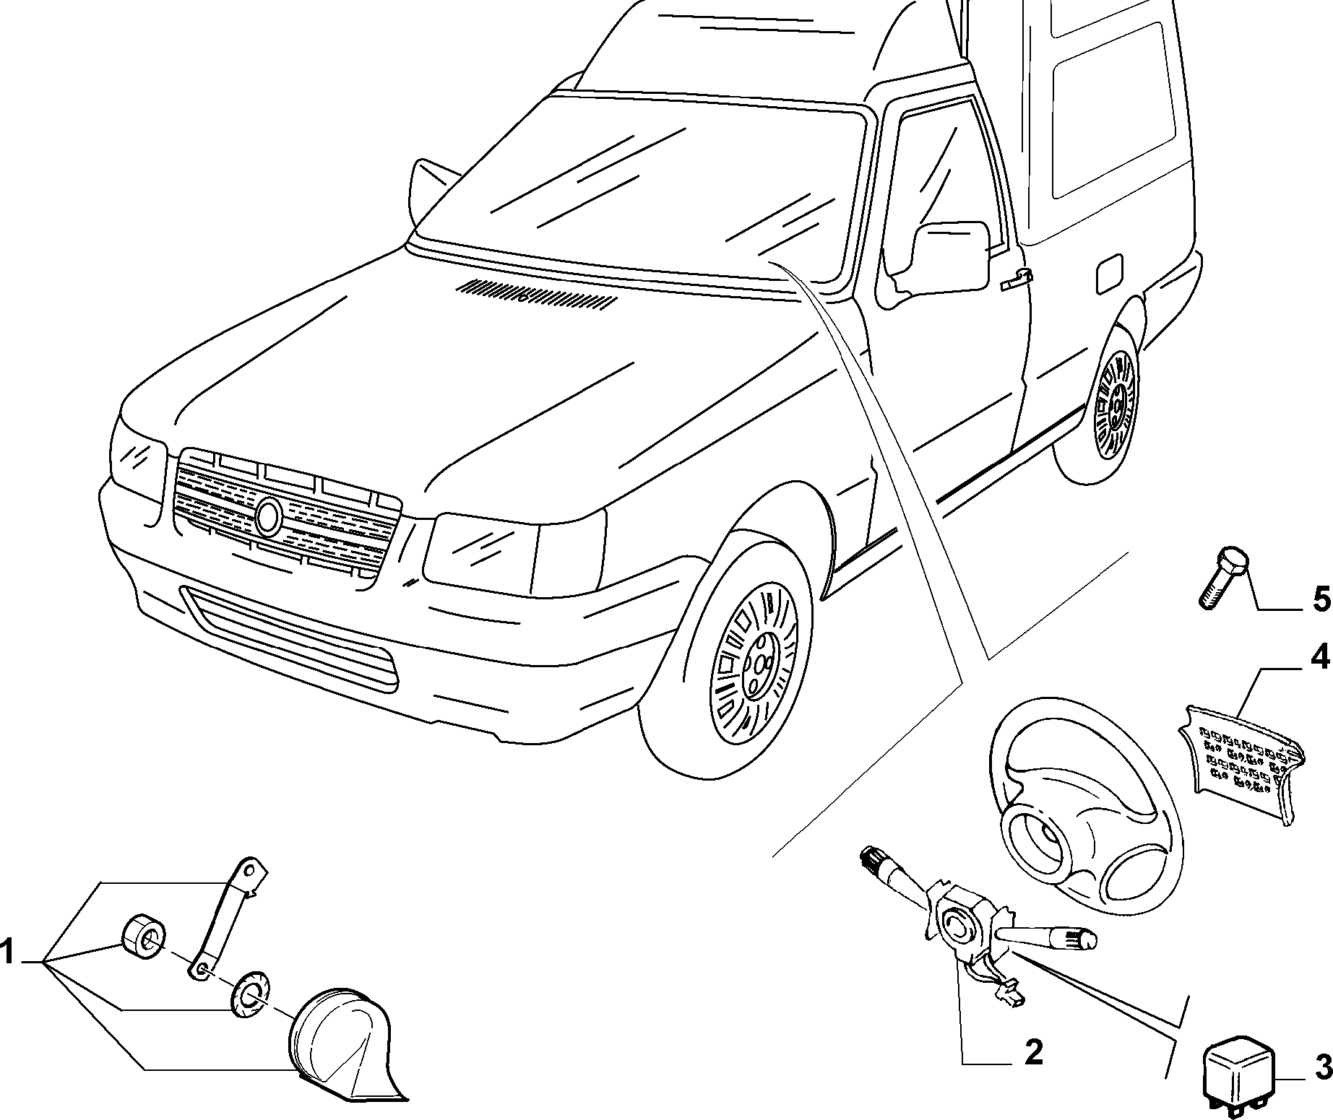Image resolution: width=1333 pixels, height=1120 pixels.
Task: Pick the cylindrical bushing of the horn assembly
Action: point(143,938)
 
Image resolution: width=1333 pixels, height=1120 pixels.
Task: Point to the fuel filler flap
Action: point(1110,274)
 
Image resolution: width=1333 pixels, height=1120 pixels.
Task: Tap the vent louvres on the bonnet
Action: point(535,295)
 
